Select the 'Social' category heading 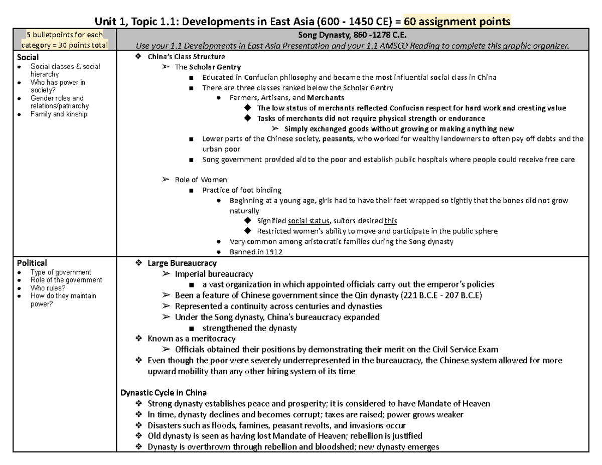[29, 57]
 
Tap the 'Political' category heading [32, 263]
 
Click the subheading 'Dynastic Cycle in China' [164, 392]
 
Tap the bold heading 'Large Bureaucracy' [182, 263]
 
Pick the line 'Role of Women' [201, 180]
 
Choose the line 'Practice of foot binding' [242, 190]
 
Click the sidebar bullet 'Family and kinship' [59, 114]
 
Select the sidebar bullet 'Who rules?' [48, 288]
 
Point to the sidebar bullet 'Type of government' [61, 272]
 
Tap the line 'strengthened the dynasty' [249, 328]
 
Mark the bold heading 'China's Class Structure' [186, 57]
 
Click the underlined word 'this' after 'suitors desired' [390, 221]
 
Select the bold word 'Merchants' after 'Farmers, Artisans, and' [326, 98]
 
